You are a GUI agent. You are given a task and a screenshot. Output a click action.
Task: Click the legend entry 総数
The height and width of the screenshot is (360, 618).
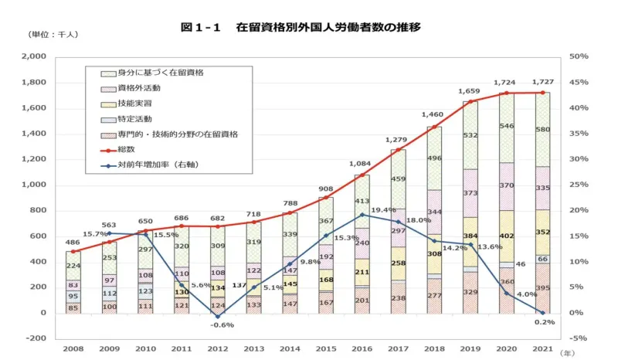(x=126, y=149)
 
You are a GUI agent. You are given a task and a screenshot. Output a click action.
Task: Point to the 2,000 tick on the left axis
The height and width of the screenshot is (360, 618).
(x=32, y=57)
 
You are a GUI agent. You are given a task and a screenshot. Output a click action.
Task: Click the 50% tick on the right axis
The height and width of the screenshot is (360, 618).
(x=578, y=57)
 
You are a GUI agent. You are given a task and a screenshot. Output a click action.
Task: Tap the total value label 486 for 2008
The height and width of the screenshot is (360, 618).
(x=73, y=241)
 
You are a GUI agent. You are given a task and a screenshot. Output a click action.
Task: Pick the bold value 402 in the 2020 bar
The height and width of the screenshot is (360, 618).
(x=507, y=236)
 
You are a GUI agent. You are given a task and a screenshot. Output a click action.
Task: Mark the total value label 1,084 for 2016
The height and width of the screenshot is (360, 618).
(x=360, y=165)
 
